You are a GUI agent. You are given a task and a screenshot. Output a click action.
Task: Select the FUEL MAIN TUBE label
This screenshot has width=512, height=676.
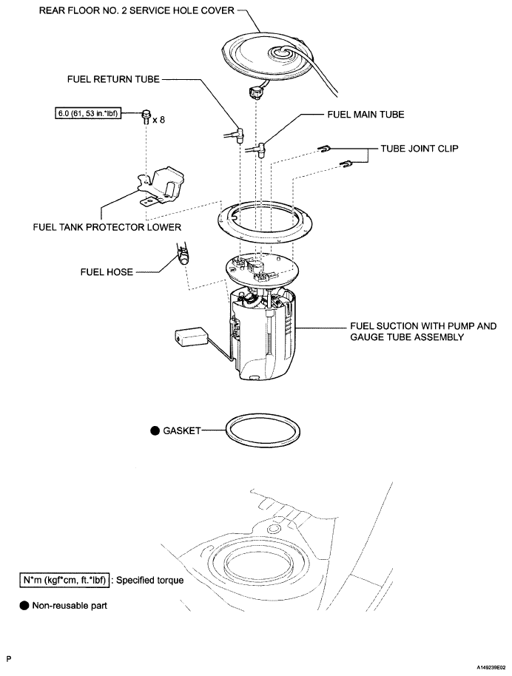pyautogui.click(x=366, y=115)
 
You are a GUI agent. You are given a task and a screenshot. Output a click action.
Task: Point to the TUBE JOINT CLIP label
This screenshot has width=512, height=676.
pyautogui.click(x=420, y=148)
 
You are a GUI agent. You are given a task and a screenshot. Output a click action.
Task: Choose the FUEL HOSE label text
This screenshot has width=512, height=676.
pyautogui.click(x=107, y=272)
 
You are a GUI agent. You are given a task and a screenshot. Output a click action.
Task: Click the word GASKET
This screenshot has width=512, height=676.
pyautogui.click(x=181, y=430)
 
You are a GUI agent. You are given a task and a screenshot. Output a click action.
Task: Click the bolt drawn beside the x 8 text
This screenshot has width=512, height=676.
pyautogui.click(x=146, y=117)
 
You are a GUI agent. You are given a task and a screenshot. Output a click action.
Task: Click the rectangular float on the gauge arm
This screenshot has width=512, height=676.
pyautogui.click(x=188, y=339)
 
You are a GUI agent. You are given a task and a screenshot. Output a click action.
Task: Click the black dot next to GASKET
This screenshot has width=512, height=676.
pyautogui.click(x=155, y=430)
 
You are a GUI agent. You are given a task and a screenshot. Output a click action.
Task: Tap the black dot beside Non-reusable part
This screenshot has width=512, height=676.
pyautogui.click(x=24, y=605)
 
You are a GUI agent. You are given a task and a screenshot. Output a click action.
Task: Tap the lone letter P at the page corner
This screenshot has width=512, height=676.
pyautogui.click(x=9, y=656)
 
